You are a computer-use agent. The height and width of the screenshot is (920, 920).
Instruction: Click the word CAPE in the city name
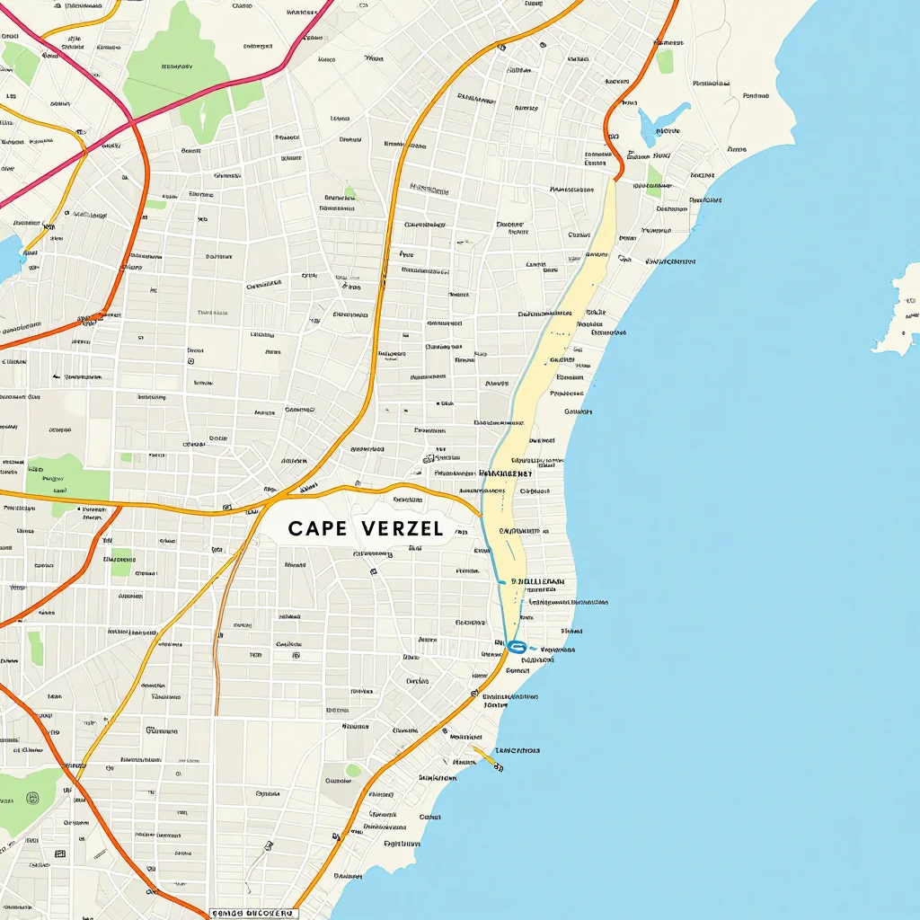coord(317,528)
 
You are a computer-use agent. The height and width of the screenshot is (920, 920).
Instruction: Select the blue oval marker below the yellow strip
coord(516,646)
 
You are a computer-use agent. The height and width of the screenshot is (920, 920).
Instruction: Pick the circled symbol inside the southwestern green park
coord(33,797)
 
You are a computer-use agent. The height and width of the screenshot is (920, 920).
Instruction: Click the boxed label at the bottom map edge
coord(253,913)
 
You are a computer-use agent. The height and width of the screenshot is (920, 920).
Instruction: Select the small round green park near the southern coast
coord(353,770)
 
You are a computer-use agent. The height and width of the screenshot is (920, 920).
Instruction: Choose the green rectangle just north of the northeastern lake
coord(665,61)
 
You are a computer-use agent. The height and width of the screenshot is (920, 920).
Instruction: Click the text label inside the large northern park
coord(172,66)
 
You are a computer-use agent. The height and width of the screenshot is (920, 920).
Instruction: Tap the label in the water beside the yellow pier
coord(517,750)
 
